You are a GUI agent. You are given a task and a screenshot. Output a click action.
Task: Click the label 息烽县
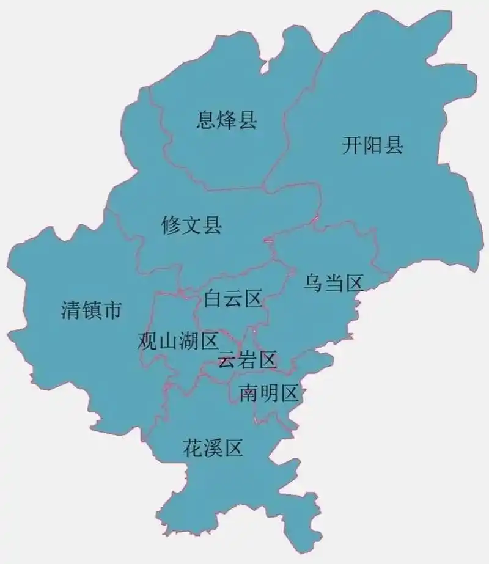click(x=227, y=120)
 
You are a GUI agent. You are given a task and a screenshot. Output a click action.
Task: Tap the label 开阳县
click(x=372, y=145)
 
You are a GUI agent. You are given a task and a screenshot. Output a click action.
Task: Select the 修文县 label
click(x=191, y=225)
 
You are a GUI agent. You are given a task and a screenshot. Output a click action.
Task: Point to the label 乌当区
click(x=334, y=283)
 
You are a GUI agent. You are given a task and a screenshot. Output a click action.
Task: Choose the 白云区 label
click(x=233, y=299)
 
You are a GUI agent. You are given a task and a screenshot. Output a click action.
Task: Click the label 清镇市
click(x=92, y=311)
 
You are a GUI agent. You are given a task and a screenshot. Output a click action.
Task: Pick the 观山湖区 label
click(x=178, y=341)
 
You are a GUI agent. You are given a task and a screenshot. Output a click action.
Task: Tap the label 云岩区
click(x=248, y=361)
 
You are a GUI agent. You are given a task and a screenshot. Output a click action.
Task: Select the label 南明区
click(x=268, y=394)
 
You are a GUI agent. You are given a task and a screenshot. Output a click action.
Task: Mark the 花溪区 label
click(x=213, y=449)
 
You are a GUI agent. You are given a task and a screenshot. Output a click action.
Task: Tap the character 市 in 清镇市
click(x=112, y=311)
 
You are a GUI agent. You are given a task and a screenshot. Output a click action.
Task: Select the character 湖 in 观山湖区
click(x=188, y=341)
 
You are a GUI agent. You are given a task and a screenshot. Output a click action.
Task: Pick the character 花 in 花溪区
click(x=193, y=449)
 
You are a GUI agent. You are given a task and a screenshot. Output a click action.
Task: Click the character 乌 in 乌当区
click(x=314, y=283)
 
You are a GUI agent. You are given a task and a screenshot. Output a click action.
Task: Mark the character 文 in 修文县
click(x=191, y=225)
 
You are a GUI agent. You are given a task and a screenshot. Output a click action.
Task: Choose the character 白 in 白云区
click(x=213, y=299)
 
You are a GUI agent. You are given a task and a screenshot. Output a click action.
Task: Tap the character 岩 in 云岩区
click(x=248, y=361)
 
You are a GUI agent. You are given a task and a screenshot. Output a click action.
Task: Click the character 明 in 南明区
click(x=268, y=394)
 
